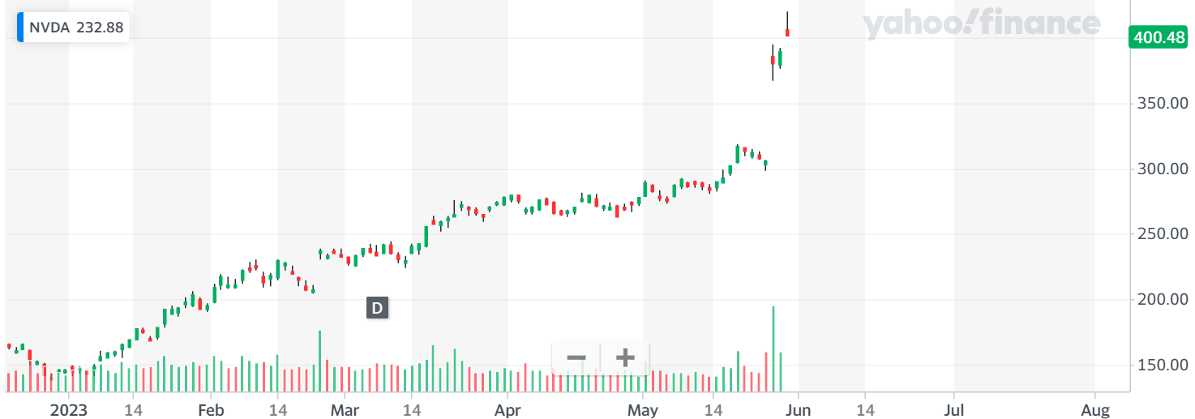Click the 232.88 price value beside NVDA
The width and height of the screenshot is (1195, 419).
point(100,28)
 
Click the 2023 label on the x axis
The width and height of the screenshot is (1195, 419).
point(68,409)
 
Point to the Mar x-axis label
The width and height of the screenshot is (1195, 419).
point(345,409)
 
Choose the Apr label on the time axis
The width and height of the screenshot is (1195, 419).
point(508,409)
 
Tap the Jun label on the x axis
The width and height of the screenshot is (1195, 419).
point(798,409)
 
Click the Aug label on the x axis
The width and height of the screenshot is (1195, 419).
point(1095,409)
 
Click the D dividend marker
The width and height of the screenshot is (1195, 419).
point(377,308)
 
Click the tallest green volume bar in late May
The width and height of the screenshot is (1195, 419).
point(773,348)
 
